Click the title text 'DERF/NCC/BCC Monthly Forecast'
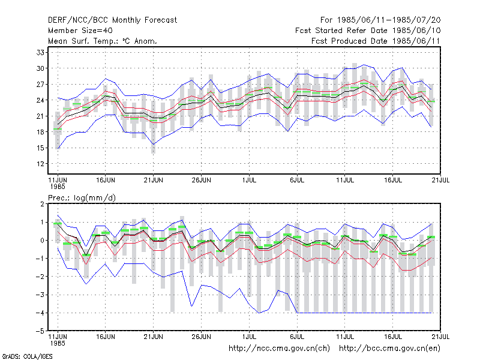[112, 20]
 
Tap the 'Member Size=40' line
[80, 31]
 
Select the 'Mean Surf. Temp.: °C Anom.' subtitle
[102, 41]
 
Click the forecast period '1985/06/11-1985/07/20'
[389, 20]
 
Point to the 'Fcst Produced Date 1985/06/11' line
[376, 41]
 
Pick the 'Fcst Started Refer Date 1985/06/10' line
[368, 31]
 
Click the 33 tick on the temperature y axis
[40, 52]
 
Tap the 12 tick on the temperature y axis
[40, 164]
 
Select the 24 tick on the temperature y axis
[40, 100]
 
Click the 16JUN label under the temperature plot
[106, 181]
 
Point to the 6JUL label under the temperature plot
[297, 181]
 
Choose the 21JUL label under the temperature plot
[440, 181]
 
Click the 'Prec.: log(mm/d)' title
[82, 198]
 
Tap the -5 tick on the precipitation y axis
[40, 331]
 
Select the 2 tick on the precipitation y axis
[42, 204]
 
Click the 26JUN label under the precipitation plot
[201, 337]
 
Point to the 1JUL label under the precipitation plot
[249, 337]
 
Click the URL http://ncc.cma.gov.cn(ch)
[279, 349]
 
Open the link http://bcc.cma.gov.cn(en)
[389, 349]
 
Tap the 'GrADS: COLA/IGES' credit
[27, 356]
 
